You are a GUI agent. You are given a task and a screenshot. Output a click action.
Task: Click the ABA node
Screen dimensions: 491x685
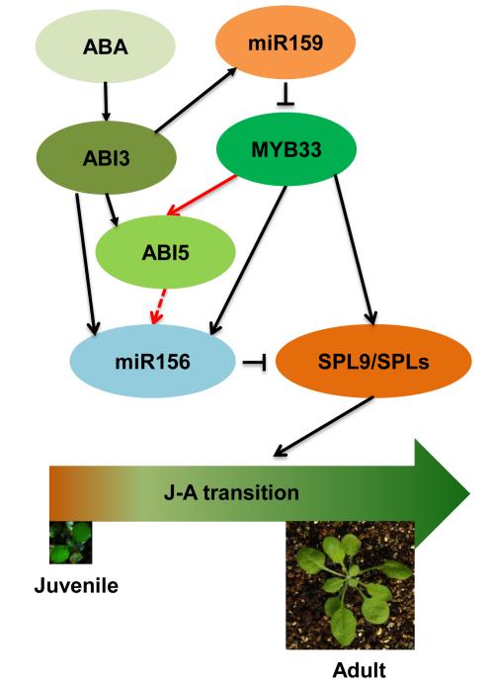click(x=105, y=46)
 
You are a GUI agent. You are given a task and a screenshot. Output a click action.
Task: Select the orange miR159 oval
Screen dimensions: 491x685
click(x=286, y=43)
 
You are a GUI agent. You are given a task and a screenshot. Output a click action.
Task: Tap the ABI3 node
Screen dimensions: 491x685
click(x=106, y=158)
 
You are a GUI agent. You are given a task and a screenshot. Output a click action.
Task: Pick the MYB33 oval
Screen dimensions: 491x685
click(x=286, y=149)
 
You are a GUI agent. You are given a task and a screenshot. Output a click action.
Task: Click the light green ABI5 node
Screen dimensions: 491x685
click(x=165, y=252)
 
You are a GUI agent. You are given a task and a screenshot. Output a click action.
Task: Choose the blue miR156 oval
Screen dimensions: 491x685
click(x=152, y=362)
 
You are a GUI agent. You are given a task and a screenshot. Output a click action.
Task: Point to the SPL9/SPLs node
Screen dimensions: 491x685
click(x=373, y=362)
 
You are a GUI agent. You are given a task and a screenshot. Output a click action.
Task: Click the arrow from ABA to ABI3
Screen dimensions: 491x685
click(x=106, y=102)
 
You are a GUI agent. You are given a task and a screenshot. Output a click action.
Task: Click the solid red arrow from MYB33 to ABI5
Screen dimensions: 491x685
click(x=202, y=196)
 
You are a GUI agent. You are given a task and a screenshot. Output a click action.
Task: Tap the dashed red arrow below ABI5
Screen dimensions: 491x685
click(x=159, y=306)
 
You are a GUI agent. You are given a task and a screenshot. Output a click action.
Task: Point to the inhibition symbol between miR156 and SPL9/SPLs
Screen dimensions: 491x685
click(x=255, y=362)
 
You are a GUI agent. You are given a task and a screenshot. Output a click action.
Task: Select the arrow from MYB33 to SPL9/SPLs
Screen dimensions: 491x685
click(x=355, y=250)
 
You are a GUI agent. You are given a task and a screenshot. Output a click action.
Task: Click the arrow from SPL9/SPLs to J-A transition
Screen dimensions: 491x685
click(x=323, y=426)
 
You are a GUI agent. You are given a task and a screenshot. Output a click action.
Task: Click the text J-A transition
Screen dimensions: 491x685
click(x=231, y=493)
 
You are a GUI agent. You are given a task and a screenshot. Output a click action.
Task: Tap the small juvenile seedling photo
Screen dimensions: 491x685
click(x=71, y=542)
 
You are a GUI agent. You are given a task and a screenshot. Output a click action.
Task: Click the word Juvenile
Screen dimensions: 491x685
click(x=76, y=585)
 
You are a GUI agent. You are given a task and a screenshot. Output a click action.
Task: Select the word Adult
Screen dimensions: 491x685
click(x=360, y=670)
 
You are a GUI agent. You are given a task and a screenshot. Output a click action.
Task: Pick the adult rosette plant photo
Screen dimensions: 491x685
click(x=350, y=585)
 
